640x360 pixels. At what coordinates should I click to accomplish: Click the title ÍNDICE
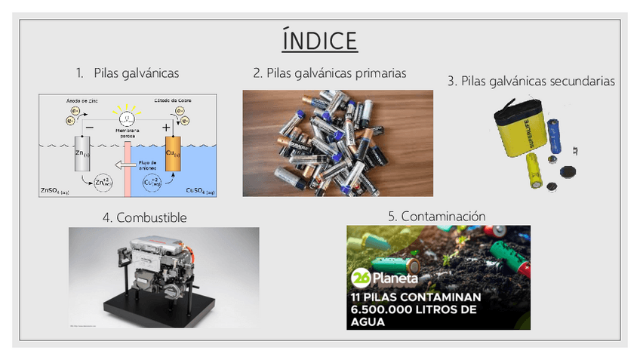tap(319, 40)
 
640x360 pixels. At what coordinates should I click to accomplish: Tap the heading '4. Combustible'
tap(144, 217)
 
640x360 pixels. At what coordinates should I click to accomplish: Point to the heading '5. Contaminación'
tap(436, 216)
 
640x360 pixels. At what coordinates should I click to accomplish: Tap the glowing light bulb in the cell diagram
tap(128, 118)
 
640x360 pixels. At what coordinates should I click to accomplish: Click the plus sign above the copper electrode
tap(167, 128)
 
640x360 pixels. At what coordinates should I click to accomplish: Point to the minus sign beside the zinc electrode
tap(90, 128)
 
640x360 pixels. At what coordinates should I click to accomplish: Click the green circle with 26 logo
tap(359, 278)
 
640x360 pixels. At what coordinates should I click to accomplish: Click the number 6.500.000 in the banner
tap(388, 309)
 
